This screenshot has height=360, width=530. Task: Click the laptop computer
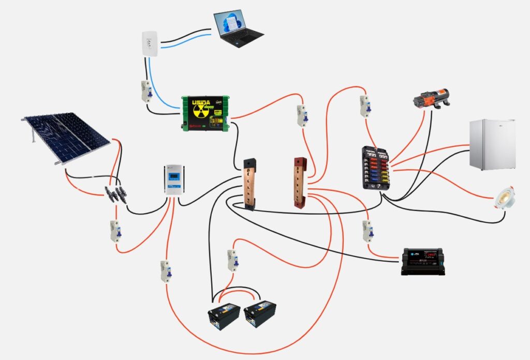tap(238, 27)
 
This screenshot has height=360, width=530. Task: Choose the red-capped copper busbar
tap(301, 182)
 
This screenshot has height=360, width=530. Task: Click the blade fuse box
tap(376, 168)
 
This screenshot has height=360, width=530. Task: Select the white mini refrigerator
tap(492, 145)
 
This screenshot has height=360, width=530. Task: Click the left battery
tap(224, 316)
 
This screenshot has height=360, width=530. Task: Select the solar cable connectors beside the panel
tap(116, 194)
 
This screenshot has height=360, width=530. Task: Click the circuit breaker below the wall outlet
tap(146, 92)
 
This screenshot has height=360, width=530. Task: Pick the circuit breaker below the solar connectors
tap(115, 231)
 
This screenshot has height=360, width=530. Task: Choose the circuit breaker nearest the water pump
tap(364, 107)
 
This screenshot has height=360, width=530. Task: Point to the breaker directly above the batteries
tap(232, 260)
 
